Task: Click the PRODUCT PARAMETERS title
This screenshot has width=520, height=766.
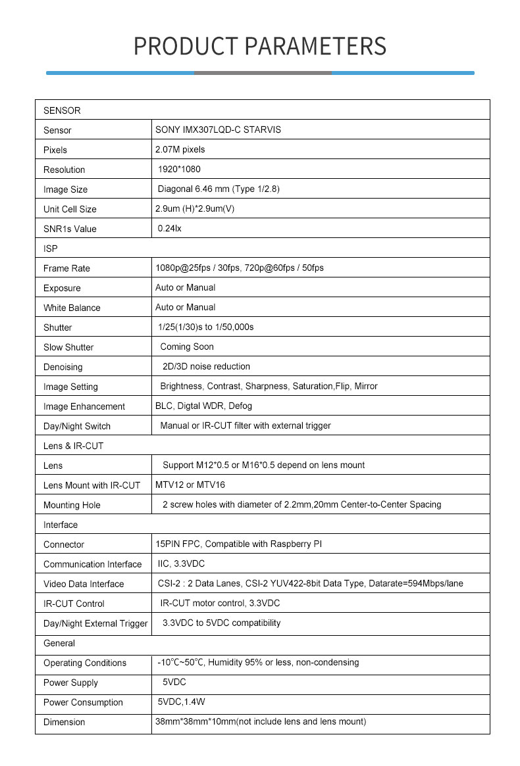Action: [x=260, y=46]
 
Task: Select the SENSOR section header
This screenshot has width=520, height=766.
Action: [x=62, y=110]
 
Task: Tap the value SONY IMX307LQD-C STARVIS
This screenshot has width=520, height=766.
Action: [x=218, y=130]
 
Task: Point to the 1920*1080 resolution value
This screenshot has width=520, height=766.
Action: [x=179, y=169]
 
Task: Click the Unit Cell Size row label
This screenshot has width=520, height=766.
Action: [x=70, y=209]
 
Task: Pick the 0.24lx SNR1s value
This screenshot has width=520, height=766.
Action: [x=169, y=228]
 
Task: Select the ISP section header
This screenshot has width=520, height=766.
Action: [x=51, y=249]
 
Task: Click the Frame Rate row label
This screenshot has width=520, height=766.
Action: [x=66, y=268]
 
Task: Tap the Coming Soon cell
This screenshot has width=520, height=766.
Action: [x=187, y=347]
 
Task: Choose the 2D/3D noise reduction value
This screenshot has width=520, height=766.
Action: [x=206, y=366]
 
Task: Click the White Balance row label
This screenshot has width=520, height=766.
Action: [x=72, y=308]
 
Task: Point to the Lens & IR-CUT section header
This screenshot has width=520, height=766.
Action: [x=73, y=446]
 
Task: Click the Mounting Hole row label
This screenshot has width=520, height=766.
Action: [x=72, y=505]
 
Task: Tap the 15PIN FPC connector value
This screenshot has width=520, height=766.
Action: [x=238, y=544]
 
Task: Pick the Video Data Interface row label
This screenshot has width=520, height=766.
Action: [x=84, y=584]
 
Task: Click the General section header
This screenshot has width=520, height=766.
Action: [x=59, y=643]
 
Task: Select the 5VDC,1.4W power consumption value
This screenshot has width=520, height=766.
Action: [x=182, y=702]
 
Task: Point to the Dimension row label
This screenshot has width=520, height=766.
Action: [x=64, y=722]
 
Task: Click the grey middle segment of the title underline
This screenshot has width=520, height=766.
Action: [x=263, y=73]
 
